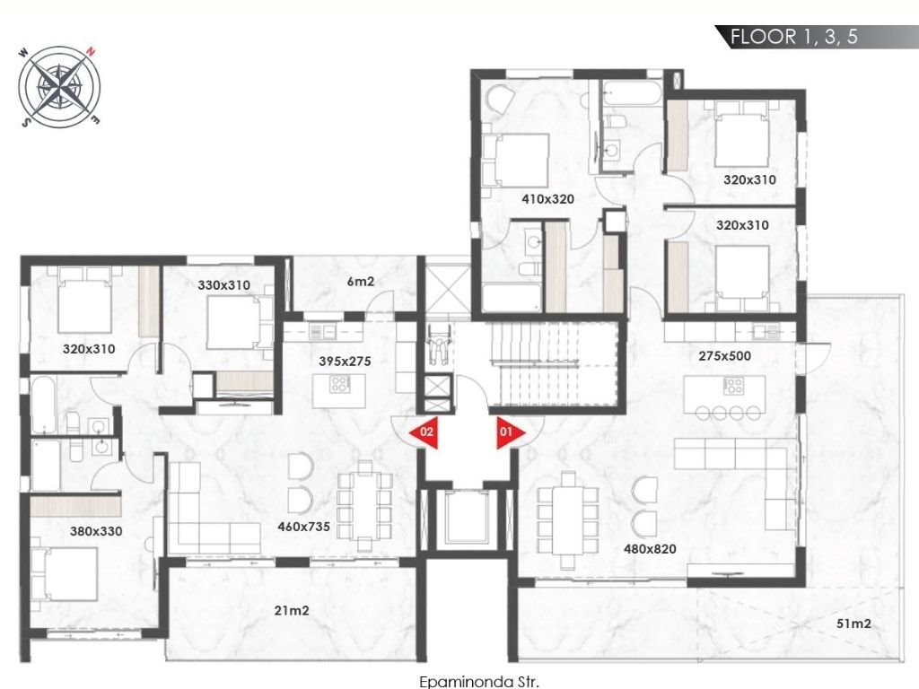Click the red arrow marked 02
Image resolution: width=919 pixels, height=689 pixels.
[424, 432]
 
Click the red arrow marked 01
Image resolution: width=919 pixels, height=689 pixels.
[510, 433]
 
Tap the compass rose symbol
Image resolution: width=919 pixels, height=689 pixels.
[60, 87]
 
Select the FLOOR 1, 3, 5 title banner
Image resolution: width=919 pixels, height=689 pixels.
[815, 37]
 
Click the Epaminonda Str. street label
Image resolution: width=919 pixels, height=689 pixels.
[479, 682]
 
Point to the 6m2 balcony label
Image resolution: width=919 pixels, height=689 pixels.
[361, 282]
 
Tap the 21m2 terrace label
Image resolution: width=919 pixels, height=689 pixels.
[292, 610]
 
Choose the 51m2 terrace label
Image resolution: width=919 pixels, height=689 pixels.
[853, 624]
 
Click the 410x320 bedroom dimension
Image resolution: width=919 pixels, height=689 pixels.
[548, 199]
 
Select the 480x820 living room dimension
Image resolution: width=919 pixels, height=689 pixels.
[650, 549]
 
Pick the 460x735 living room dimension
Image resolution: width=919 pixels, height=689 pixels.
[303, 527]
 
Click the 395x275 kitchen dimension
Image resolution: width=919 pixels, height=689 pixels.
[345, 362]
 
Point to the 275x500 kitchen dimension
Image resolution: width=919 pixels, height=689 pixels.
[724, 355]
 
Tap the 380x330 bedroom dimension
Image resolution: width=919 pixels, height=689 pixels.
[96, 531]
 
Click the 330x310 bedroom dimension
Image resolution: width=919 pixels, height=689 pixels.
[223, 285]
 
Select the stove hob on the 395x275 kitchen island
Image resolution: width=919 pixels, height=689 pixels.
[339, 384]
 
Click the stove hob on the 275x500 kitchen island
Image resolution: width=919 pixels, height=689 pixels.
[734, 385]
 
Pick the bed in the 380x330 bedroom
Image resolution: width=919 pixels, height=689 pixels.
[64, 574]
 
